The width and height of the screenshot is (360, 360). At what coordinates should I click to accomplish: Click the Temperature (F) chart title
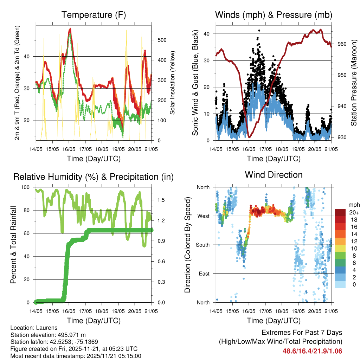pos(94,15)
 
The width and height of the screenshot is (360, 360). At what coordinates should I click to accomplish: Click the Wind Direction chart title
pos(274,175)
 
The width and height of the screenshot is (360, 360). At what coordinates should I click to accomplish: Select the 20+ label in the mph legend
pos(354,212)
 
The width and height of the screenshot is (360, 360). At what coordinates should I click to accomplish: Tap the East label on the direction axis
pos(205,274)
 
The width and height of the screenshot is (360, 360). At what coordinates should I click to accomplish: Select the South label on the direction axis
pos(203,245)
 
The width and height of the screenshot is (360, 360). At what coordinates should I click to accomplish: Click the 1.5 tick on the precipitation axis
pos(161,200)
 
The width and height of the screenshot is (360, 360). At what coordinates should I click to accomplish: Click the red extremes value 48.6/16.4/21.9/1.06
pos(312,351)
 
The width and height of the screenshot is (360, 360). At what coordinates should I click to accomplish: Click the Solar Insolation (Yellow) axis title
pos(172,83)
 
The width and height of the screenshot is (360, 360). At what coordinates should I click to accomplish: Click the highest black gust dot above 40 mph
pos(259,31)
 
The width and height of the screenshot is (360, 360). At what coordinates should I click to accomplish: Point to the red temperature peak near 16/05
pos(70,29)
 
